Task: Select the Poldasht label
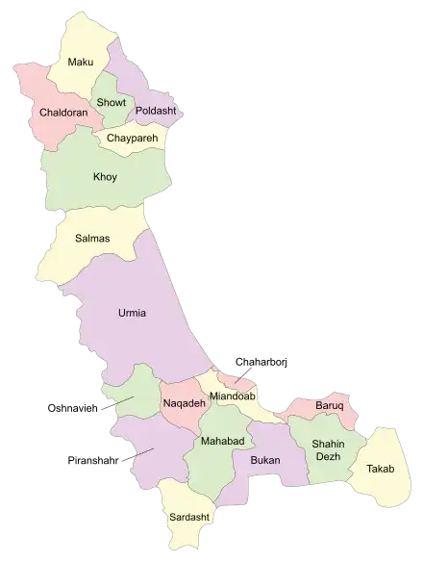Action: (155, 112)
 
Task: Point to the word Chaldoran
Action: (64, 113)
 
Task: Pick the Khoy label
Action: (105, 177)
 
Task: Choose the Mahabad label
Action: (222, 441)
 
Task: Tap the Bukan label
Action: (264, 460)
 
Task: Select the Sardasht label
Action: (188, 518)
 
